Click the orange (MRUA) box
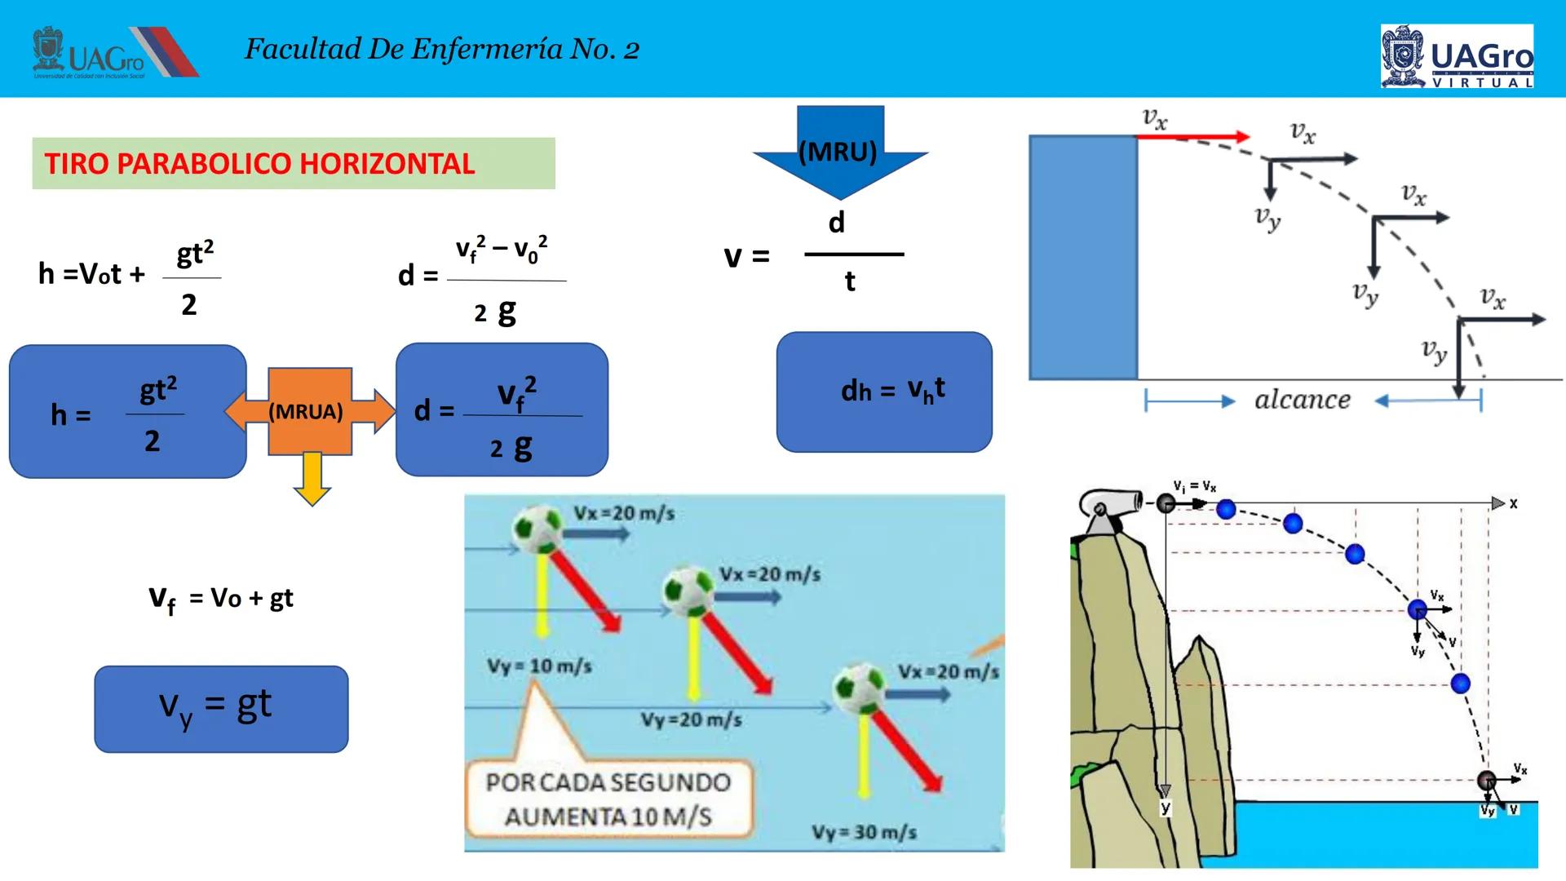309,411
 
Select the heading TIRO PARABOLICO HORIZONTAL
260,164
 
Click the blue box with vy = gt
221,709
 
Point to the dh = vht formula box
884,392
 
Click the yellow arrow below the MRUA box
312,479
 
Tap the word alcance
1302,400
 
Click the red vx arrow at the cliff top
1192,137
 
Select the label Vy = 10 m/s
539,666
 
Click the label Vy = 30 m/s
864,832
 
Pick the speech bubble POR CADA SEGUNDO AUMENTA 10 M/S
608,799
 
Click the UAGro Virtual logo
1457,55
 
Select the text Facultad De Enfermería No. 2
442,49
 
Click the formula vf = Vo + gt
221,599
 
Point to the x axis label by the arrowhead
1513,504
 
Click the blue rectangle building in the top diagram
1082,257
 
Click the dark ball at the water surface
1487,781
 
